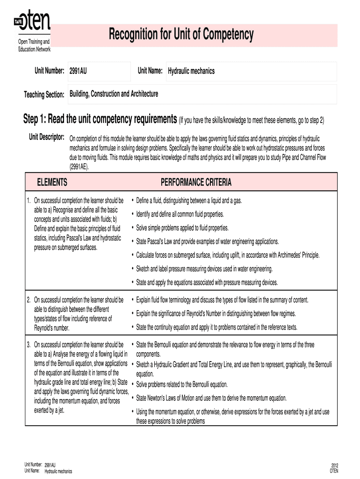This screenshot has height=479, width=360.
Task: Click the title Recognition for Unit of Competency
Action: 181,34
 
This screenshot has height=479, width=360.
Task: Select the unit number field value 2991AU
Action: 78,71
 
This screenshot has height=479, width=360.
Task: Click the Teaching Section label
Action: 44,95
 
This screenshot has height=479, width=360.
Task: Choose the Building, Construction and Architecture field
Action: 114,94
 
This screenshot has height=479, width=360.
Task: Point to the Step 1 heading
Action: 100,119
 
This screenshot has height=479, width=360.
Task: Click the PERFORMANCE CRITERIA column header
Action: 196,182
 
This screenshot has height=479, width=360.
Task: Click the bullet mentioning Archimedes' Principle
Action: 228,255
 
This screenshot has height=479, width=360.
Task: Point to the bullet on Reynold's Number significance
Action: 222,313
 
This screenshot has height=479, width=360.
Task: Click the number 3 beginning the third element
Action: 29,345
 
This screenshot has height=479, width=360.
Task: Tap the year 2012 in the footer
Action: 334,465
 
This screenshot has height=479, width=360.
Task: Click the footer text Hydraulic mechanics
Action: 58,471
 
